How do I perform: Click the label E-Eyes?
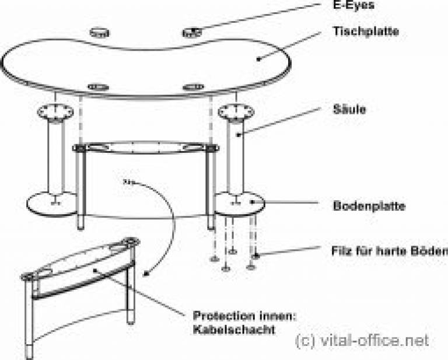tap(353, 5)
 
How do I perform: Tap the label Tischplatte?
tap(366, 31)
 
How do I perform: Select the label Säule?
tap(349, 109)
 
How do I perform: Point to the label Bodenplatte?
tap(369, 206)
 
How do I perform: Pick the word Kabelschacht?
tap(234, 330)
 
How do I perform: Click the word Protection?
tap(224, 316)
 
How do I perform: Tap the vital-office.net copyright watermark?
tap(362, 341)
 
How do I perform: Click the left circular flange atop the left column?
tap(55, 111)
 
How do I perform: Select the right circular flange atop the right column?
tap(236, 111)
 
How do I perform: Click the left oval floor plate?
tap(51, 204)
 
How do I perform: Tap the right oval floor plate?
tap(240, 204)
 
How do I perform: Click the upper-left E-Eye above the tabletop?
tap(100, 33)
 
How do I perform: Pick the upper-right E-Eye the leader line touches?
tap(192, 33)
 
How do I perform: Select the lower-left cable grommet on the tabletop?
tap(98, 87)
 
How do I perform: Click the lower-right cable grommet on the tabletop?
tap(193, 87)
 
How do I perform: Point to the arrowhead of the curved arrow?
tap(146, 274)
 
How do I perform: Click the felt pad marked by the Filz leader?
tap(256, 256)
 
